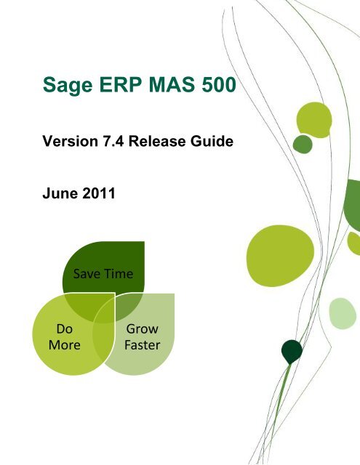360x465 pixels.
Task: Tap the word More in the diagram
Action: point(64,344)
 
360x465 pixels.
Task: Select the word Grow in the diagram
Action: point(142,329)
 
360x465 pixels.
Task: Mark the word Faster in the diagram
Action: point(142,344)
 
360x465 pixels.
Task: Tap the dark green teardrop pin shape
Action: point(292,352)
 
